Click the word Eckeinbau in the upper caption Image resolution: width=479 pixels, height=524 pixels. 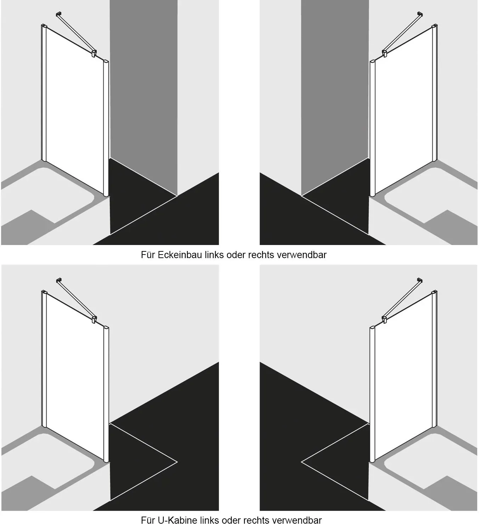pyautogui.click(x=180, y=255)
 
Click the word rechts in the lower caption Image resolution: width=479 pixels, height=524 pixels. pyautogui.click(x=256, y=520)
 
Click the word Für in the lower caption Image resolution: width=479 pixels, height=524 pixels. pyautogui.click(x=148, y=520)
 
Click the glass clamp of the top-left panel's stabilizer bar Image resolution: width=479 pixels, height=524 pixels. pyautogui.click(x=94, y=53)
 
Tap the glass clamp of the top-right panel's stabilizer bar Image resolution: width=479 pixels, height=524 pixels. pyautogui.click(x=385, y=53)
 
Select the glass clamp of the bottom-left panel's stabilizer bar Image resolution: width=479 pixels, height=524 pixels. pyautogui.click(x=94, y=319)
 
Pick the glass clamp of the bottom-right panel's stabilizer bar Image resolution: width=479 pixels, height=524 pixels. pyautogui.click(x=385, y=319)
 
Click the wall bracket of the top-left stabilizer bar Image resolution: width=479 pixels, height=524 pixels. pyautogui.click(x=58, y=14)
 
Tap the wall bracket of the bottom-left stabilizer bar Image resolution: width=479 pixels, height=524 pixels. pyautogui.click(x=58, y=280)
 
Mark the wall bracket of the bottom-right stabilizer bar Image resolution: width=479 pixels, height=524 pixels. pyautogui.click(x=420, y=280)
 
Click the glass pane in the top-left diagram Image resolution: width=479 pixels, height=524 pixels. pyautogui.click(x=75, y=110)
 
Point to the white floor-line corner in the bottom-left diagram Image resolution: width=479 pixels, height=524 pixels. pyautogui.click(x=177, y=462)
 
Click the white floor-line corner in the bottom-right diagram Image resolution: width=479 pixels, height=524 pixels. pyautogui.click(x=302, y=462)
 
